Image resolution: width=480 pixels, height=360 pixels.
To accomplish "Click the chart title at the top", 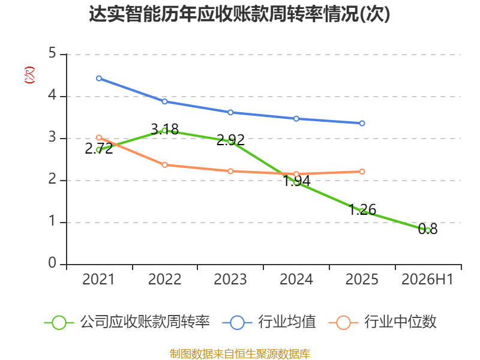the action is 239,14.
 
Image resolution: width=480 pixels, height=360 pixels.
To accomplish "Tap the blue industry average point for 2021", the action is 99,79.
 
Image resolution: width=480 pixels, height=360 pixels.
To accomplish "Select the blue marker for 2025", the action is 362,123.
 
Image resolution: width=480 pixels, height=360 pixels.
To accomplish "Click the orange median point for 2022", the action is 164,165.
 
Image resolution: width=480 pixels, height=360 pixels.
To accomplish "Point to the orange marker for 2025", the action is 362,172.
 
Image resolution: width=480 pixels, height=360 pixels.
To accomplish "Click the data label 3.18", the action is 164,129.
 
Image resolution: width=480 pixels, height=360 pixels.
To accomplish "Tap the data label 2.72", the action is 99,149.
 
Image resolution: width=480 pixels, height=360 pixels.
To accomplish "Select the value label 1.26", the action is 362,209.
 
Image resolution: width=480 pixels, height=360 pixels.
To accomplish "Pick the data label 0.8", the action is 428,229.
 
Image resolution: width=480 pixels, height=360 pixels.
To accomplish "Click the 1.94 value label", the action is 296,181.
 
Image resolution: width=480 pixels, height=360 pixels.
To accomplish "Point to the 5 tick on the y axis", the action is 52,53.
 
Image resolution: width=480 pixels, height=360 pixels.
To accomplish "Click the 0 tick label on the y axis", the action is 52,263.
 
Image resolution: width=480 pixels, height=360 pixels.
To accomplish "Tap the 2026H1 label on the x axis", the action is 427,279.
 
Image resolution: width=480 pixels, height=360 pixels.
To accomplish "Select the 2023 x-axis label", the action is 230,279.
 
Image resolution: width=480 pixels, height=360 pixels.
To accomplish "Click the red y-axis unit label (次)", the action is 29,75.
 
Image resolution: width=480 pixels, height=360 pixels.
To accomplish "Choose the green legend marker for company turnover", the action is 59,323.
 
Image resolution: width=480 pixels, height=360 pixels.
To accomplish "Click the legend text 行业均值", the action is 287,322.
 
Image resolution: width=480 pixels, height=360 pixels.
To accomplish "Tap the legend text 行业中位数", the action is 400,322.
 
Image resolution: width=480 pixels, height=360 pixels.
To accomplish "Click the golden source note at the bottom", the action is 240,354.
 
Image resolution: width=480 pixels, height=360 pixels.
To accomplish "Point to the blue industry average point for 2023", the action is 230,112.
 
